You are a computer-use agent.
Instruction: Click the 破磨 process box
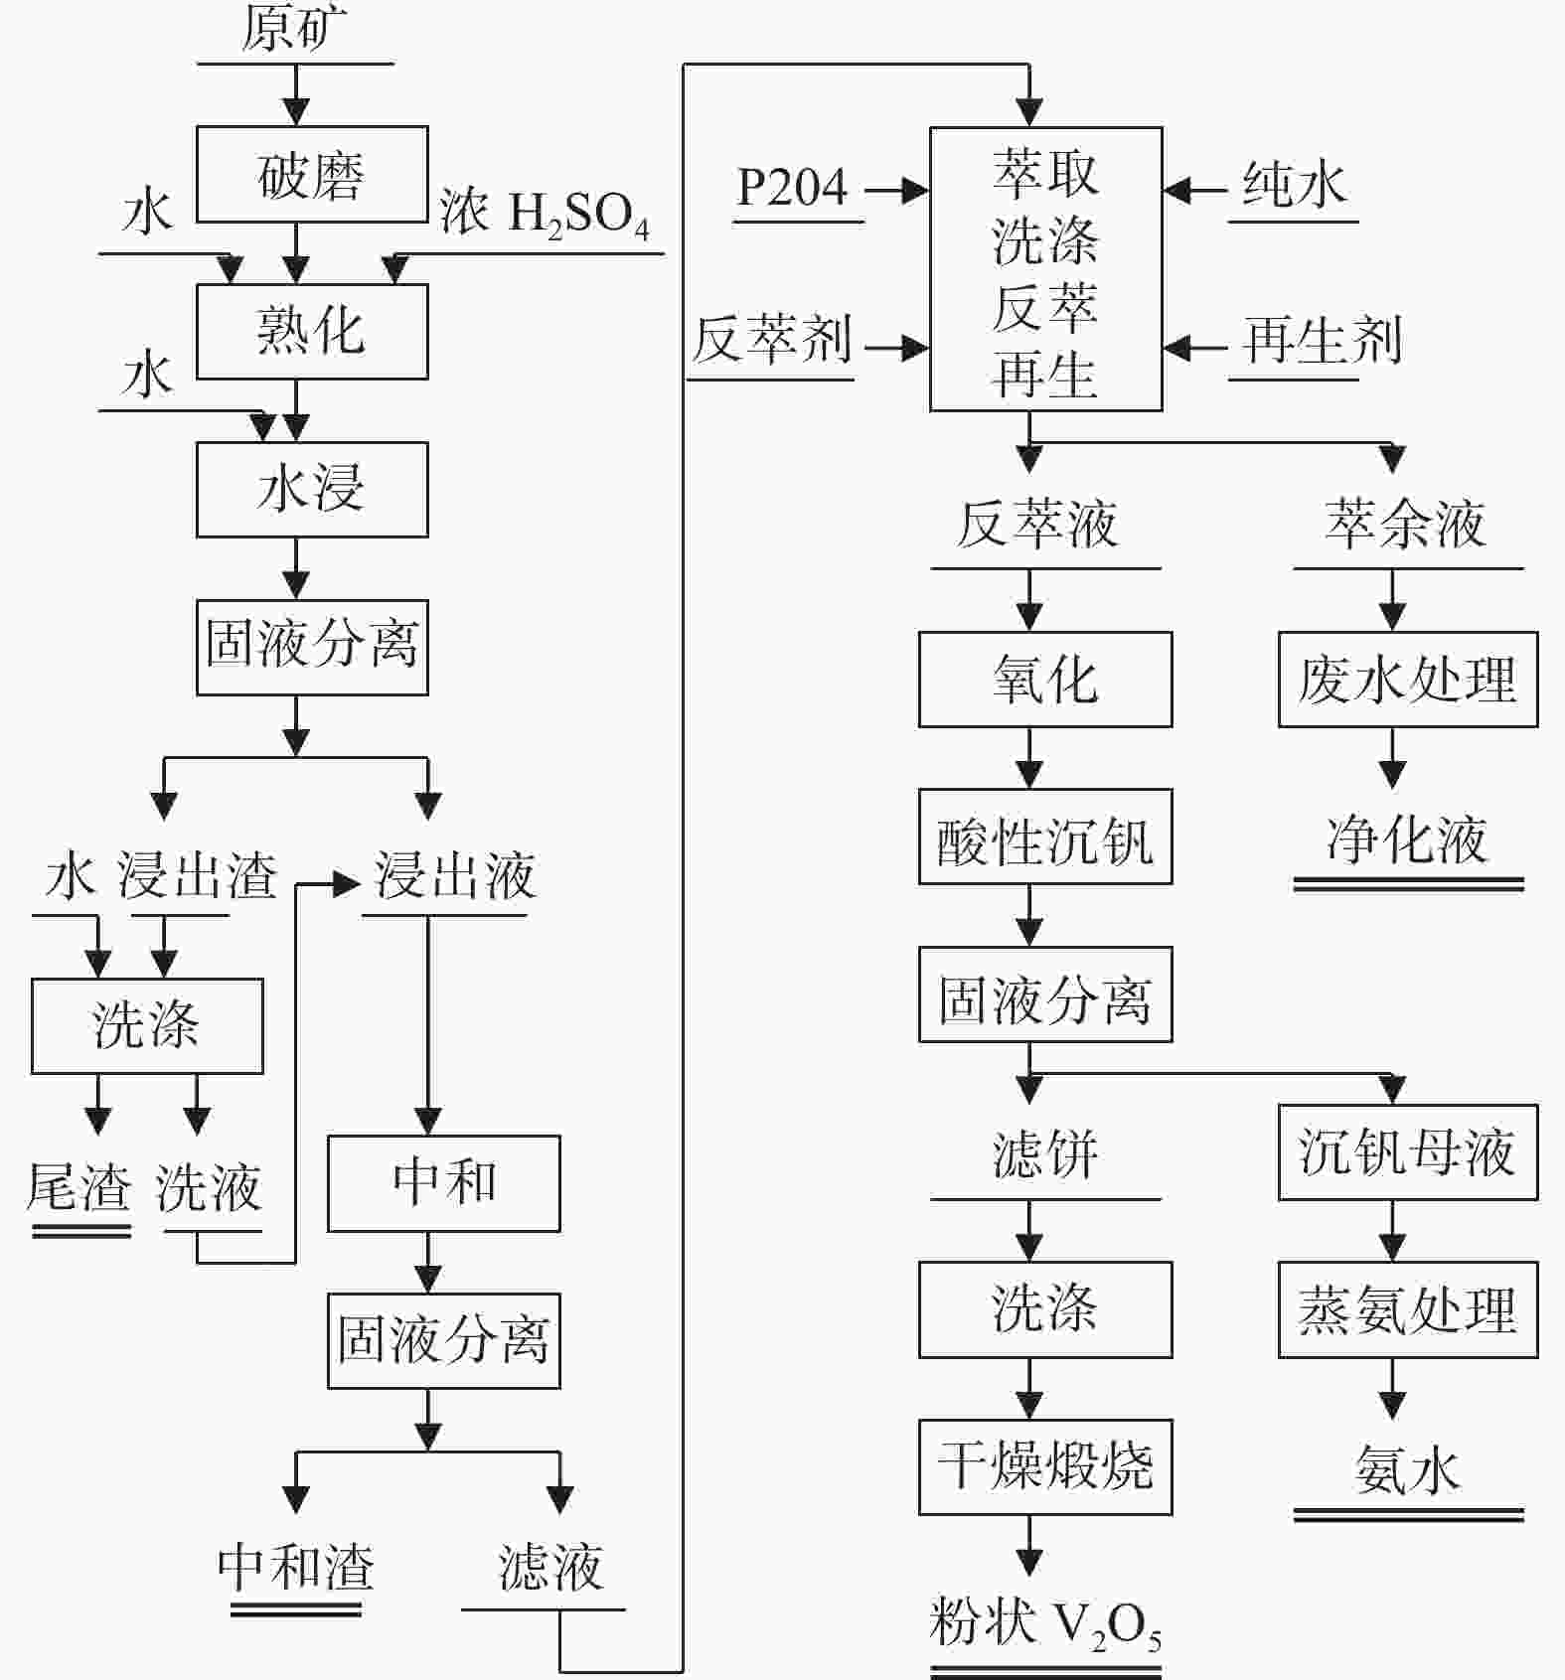click(x=312, y=174)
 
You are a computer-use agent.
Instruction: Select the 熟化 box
click(x=312, y=331)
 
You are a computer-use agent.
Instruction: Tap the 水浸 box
click(x=312, y=489)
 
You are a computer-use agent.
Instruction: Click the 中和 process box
click(x=444, y=1182)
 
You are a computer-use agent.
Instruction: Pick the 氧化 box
click(x=1045, y=679)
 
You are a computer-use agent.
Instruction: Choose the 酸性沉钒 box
click(x=1045, y=837)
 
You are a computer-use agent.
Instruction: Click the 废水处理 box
click(x=1407, y=679)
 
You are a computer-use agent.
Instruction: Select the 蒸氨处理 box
click(x=1407, y=1309)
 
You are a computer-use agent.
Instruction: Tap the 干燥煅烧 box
click(x=1045, y=1466)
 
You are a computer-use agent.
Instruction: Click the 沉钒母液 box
click(x=1407, y=1151)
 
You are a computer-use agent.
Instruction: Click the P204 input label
click(x=792, y=187)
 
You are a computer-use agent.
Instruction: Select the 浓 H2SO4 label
click(x=545, y=213)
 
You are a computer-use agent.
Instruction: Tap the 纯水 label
click(x=1294, y=185)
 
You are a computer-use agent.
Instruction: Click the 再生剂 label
click(x=1322, y=341)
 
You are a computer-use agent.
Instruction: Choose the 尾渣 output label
click(x=79, y=1187)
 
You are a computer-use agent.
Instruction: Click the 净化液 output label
click(x=1407, y=840)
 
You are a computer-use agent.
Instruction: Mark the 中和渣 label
click(x=296, y=1568)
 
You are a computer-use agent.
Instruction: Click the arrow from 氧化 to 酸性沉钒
click(x=1029, y=757)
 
